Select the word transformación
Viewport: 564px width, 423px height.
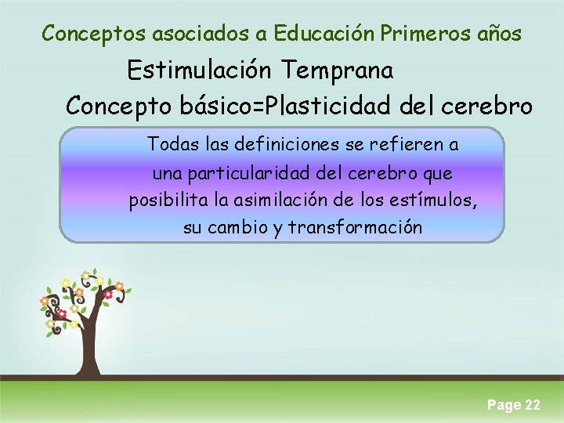pyautogui.click(x=356, y=228)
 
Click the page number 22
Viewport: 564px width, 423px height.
pyautogui.click(x=532, y=405)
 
